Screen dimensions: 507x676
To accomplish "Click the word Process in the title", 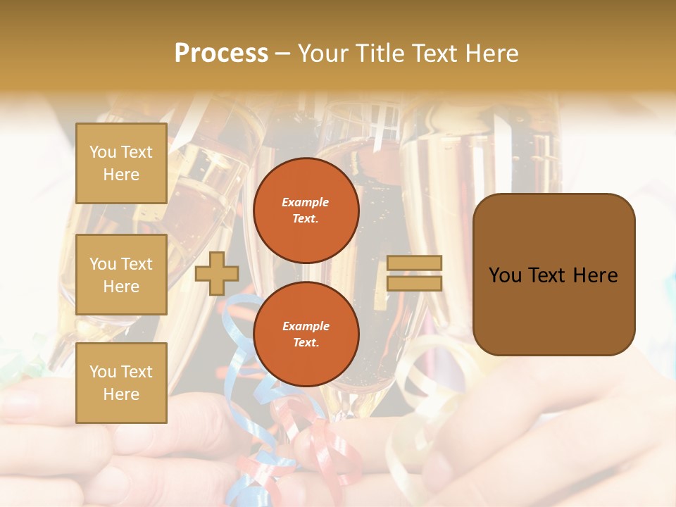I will [x=221, y=54].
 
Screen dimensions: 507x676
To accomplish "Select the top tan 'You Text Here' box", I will [x=121, y=163].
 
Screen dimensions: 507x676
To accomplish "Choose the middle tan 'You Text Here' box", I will [x=121, y=275].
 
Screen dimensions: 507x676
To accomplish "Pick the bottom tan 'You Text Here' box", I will [x=121, y=383].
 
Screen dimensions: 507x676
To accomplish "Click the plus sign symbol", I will [x=216, y=273].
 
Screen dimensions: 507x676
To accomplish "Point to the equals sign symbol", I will [x=414, y=273].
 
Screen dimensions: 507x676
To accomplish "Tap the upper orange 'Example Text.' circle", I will [x=306, y=210].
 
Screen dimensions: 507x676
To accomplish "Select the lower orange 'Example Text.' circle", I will [x=306, y=334].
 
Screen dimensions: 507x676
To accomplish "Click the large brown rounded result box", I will [x=553, y=274].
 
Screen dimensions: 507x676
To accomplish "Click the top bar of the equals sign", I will [x=414, y=263].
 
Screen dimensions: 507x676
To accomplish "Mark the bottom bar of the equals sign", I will [x=414, y=283].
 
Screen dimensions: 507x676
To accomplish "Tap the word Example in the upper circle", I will [x=306, y=202].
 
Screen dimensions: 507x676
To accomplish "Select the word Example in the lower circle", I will [x=306, y=326].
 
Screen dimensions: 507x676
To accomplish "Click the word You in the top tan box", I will [x=103, y=152].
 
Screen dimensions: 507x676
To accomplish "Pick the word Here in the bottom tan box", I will [x=121, y=394].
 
